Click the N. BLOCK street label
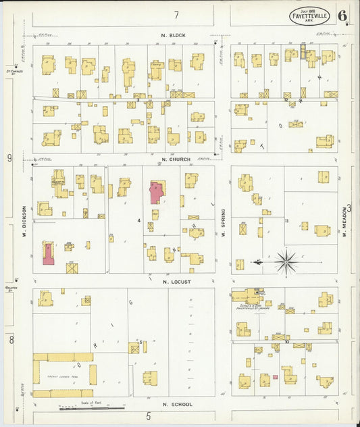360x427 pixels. (173, 34)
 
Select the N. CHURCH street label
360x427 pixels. (174, 160)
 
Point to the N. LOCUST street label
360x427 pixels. (174, 280)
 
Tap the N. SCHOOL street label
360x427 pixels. (178, 404)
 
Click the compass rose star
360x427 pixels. (286, 261)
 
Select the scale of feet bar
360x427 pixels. (92, 408)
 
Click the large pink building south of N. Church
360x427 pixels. (157, 192)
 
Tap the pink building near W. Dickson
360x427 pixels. (49, 252)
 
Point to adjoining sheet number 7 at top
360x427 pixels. (176, 14)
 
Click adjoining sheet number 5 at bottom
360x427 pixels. (148, 417)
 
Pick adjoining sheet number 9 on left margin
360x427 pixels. (9, 158)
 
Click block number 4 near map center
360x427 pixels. (138, 220)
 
